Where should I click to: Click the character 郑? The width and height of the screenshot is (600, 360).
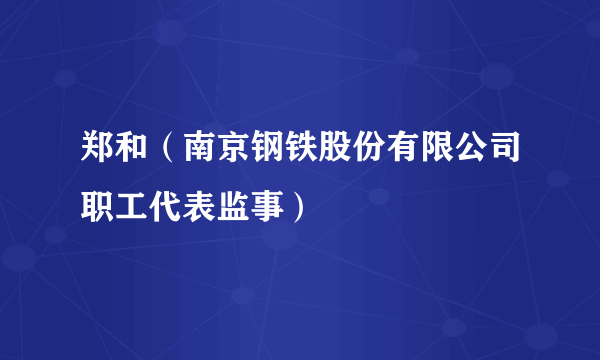pyautogui.click(x=97, y=151)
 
